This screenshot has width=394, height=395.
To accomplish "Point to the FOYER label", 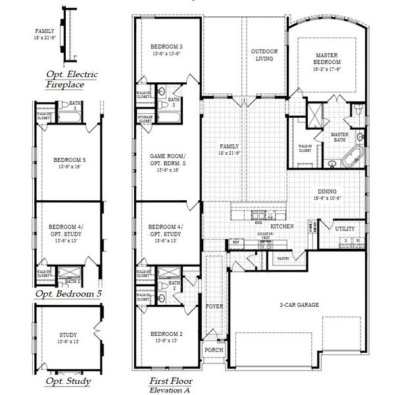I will [x=214, y=307].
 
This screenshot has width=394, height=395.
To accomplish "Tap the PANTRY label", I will [x=284, y=259].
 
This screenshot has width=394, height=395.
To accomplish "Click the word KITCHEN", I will [x=282, y=226].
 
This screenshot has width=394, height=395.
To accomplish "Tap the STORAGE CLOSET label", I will [x=145, y=119].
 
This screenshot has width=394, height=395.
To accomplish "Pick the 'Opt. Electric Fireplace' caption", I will [x=71, y=80].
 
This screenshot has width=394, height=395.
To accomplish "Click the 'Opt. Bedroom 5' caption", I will [x=68, y=293].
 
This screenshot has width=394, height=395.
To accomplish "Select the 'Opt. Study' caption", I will [x=68, y=381].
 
